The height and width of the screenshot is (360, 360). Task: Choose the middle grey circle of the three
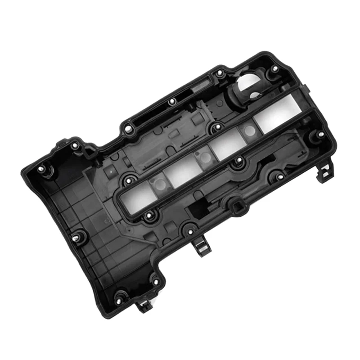[205, 157]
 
